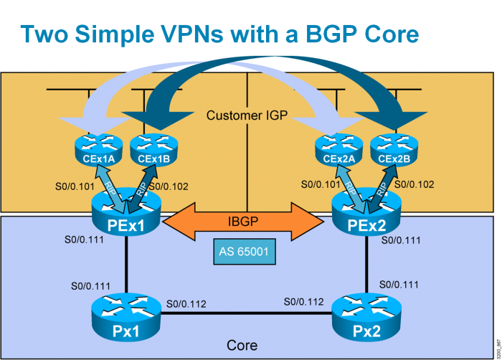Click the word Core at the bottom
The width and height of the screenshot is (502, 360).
click(x=242, y=345)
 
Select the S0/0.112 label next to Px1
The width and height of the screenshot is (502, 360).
click(x=186, y=304)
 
